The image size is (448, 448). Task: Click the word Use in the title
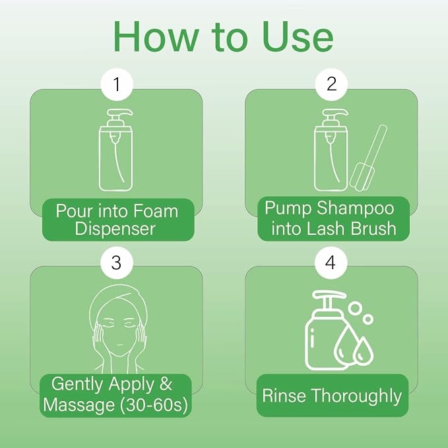pos(298,37)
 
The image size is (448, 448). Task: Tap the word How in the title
pos(156,37)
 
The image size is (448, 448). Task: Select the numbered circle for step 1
pos(117,84)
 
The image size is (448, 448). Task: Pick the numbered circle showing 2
pos(331,84)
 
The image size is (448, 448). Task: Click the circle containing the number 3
pos(117,263)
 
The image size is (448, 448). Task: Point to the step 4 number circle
pos(331,263)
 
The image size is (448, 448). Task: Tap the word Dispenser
pos(115,229)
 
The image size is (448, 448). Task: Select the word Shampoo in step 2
pos(356,208)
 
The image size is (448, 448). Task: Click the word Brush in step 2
pos(373,228)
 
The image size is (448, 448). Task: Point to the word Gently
pos(77,384)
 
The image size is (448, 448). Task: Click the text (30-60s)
pos(154,405)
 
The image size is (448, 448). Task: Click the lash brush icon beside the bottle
pos(368,158)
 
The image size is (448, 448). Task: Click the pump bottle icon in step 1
pos(116,150)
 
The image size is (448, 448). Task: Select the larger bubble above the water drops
pos(355,308)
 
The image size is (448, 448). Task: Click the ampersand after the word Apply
pos(166,383)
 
